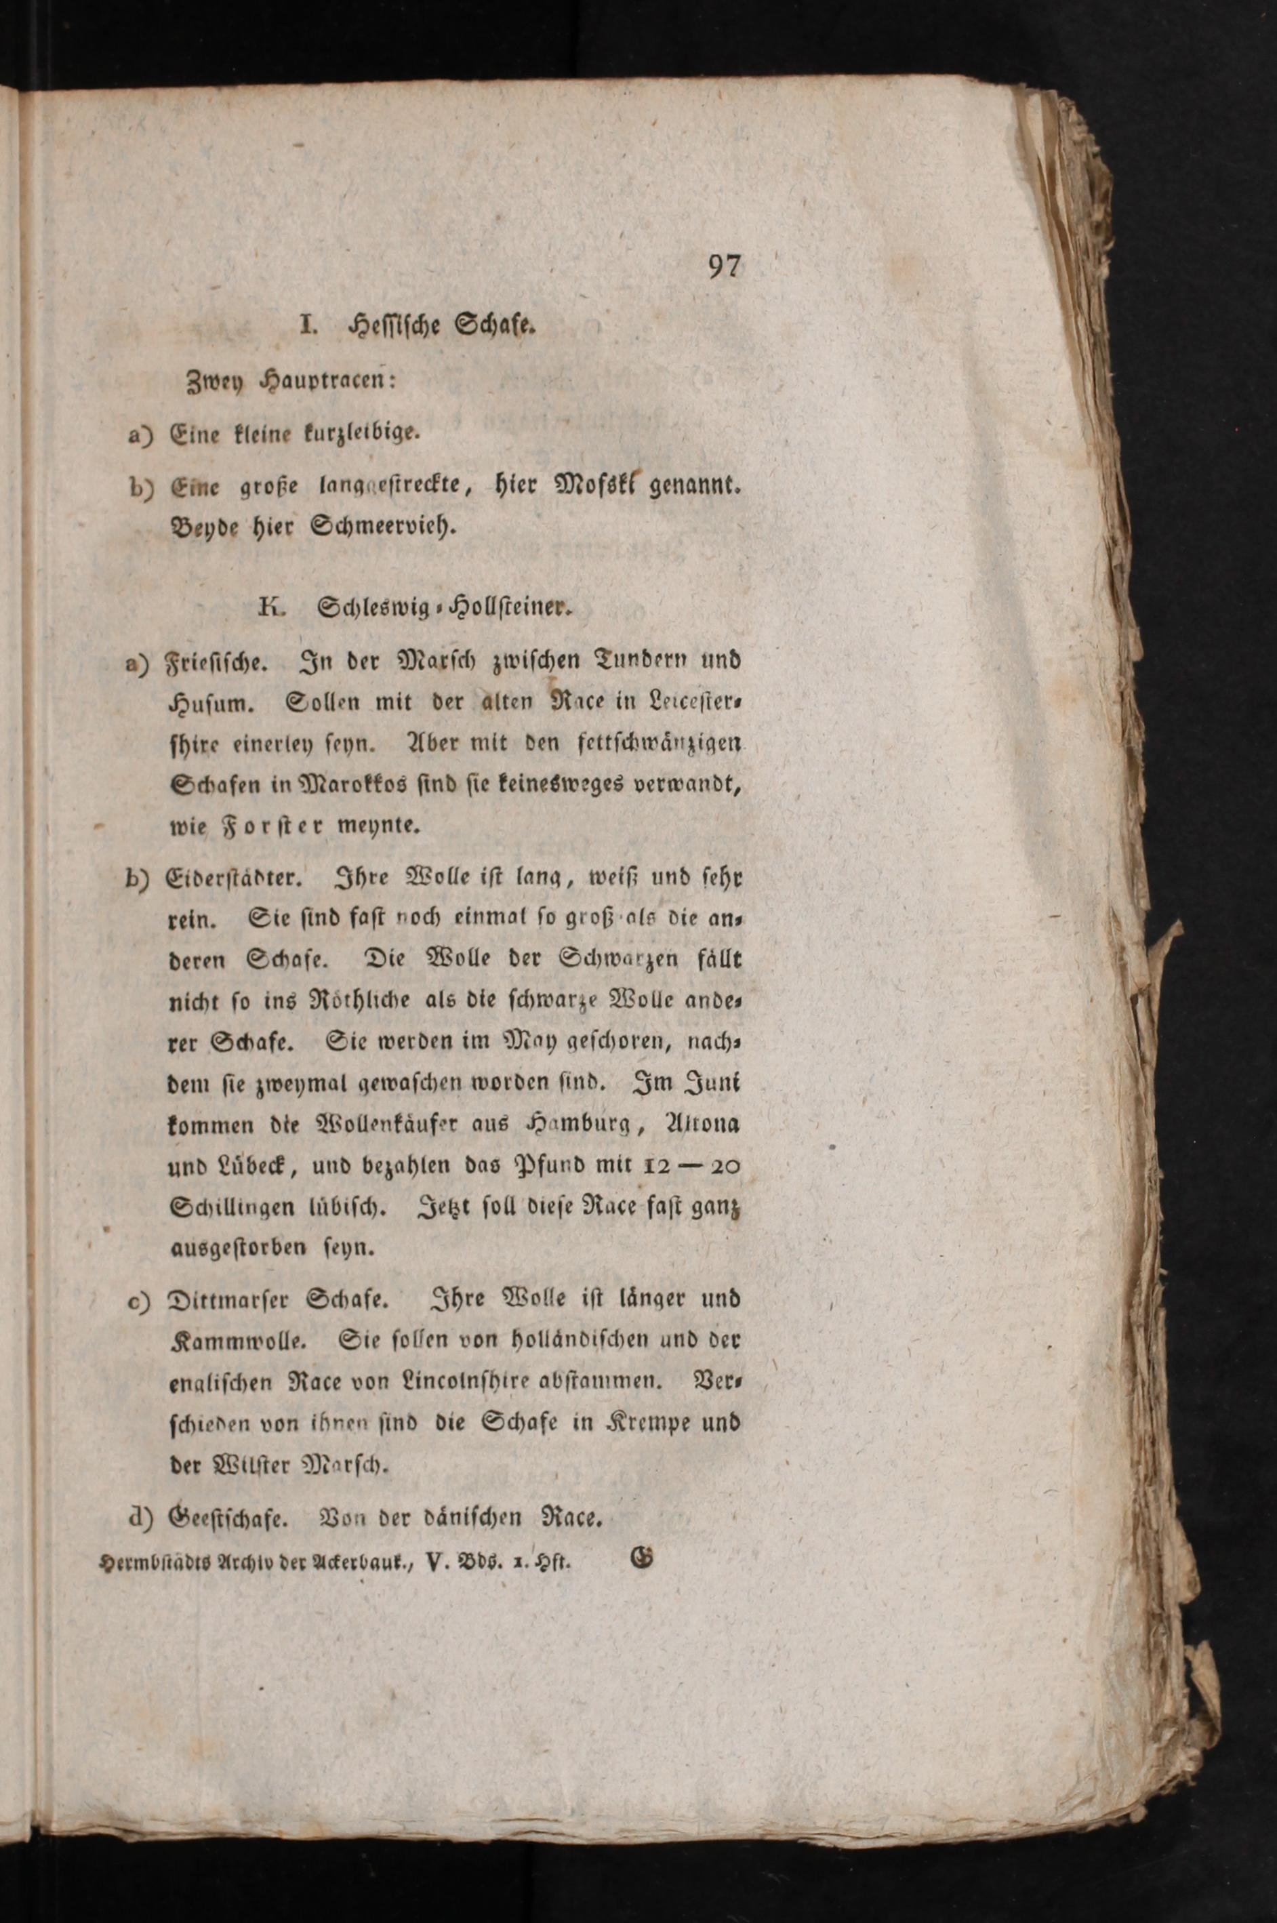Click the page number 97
click(x=723, y=267)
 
